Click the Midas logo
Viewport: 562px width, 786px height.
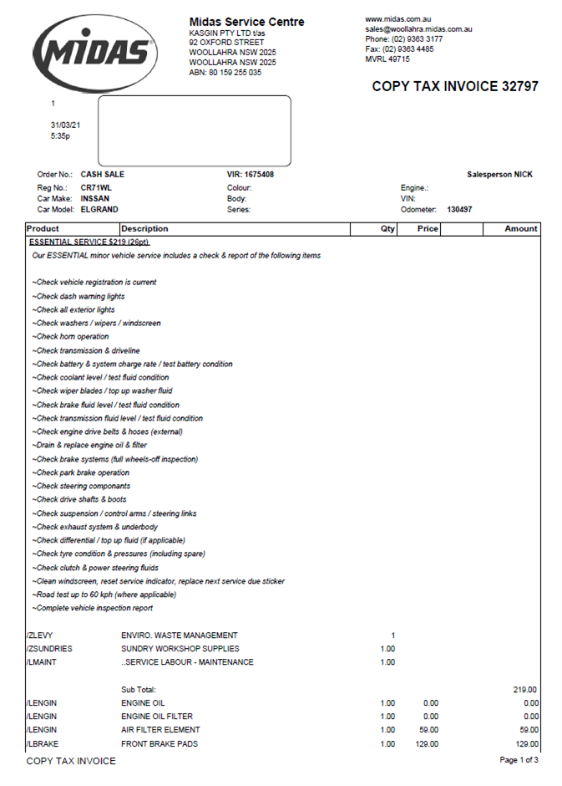tap(94, 52)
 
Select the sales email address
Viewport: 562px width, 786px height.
tap(418, 29)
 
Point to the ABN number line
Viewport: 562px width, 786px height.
tap(225, 73)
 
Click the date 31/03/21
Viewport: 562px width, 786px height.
tap(65, 125)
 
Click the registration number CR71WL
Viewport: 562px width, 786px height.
tap(96, 187)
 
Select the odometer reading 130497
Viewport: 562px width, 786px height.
tap(459, 209)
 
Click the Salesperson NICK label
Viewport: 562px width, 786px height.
tap(499, 175)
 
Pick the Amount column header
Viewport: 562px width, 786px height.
tap(521, 228)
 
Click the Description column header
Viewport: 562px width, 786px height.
tap(145, 228)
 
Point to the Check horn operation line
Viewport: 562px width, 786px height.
tap(71, 337)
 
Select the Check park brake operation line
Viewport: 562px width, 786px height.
tap(81, 472)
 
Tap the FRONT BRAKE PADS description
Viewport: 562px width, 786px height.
tap(159, 744)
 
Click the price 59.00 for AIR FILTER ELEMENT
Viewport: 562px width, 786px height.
tap(428, 730)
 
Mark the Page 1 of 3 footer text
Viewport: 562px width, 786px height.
tap(518, 760)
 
